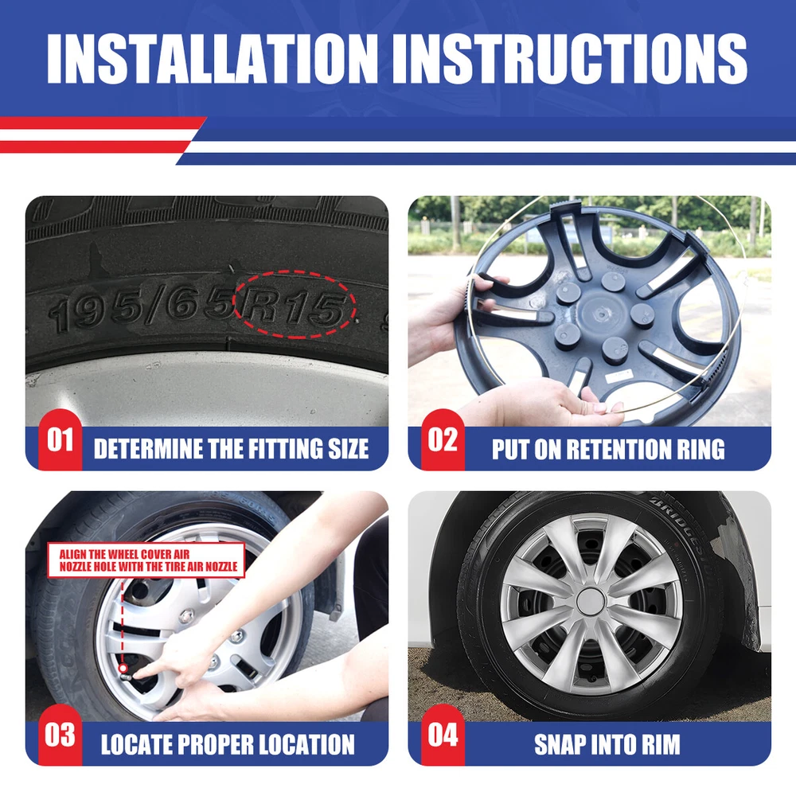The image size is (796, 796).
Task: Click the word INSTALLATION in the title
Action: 213,59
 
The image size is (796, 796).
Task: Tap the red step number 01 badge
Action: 60,439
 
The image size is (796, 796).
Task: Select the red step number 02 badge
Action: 443,439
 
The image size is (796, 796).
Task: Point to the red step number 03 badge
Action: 60,735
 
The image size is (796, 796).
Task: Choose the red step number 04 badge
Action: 443,735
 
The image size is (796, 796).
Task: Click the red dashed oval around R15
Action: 295,271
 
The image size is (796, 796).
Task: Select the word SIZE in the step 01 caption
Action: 349,449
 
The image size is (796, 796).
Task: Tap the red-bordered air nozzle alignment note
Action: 146,560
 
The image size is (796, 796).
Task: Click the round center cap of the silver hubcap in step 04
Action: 591,601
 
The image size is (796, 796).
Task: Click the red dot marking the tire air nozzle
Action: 123,669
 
